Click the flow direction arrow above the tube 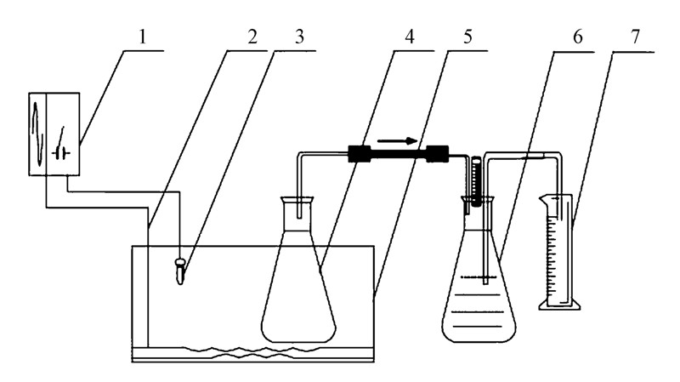coord(398,140)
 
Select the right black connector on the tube coord(437,154)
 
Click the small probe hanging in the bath coord(181,271)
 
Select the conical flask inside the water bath coord(297,289)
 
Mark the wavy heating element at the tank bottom coord(255,351)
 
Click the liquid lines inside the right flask coord(481,311)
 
